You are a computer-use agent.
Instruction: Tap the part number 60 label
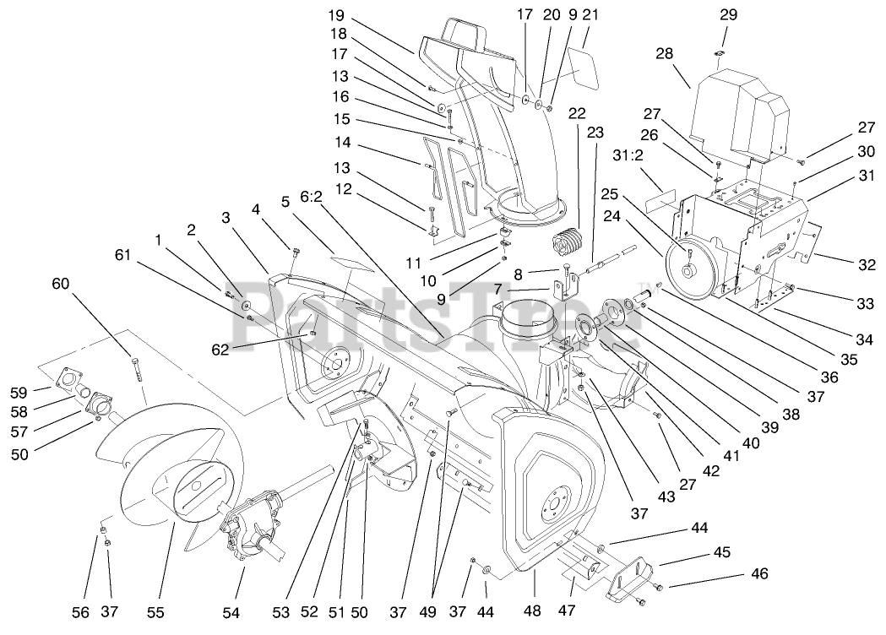[x=60, y=284]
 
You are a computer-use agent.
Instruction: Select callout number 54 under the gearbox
[x=231, y=611]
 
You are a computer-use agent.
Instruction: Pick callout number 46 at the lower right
[x=759, y=574]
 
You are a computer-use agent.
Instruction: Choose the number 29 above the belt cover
[x=729, y=14]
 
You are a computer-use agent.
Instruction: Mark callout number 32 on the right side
[x=867, y=264]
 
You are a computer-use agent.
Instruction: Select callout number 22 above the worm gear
[x=577, y=113]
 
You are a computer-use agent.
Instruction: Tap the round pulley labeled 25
[x=692, y=268]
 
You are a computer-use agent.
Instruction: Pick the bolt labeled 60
[x=134, y=368]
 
